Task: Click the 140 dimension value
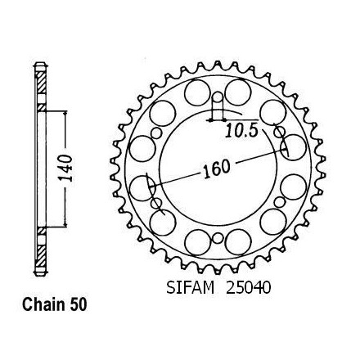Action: pyautogui.click(x=65, y=169)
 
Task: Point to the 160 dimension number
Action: pyautogui.click(x=216, y=169)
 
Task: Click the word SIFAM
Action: pyautogui.click(x=191, y=287)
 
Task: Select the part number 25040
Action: pyautogui.click(x=248, y=287)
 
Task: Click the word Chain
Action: pyautogui.click(x=44, y=304)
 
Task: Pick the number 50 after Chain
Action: pyautogui.click(x=79, y=304)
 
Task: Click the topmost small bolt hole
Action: pyautogui.click(x=218, y=97)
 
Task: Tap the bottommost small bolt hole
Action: pyautogui.click(x=218, y=238)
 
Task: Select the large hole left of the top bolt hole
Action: pyautogui.click(x=197, y=92)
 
